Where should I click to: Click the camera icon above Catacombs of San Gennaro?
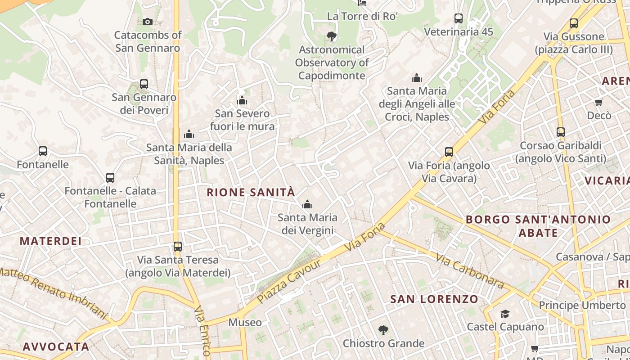(147, 22)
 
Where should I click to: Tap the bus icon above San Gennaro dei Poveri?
(144, 84)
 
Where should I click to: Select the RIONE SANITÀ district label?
(251, 193)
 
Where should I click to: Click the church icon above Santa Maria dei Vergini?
(307, 205)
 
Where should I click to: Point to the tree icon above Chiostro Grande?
(383, 330)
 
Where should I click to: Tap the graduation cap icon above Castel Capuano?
(505, 314)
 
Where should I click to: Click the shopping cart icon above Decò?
(598, 103)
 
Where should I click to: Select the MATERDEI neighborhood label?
(51, 241)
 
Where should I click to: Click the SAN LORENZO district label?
(434, 299)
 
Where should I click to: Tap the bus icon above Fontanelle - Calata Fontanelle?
(110, 177)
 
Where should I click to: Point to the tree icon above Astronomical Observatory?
(332, 36)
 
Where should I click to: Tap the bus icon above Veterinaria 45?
(459, 18)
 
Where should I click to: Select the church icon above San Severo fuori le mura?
(242, 100)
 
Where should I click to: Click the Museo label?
(245, 322)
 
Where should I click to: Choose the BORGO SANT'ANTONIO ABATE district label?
(538, 226)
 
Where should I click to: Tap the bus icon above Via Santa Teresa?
(178, 246)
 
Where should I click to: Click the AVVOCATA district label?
(56, 346)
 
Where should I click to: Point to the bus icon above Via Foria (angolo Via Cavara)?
(449, 152)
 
